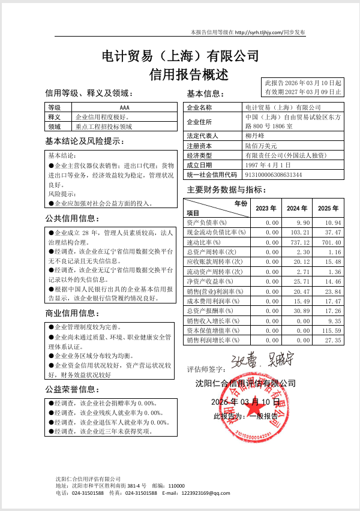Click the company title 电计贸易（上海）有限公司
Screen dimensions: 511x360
click(x=181, y=57)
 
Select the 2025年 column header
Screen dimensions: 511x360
click(x=328, y=209)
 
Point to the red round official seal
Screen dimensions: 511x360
click(x=264, y=408)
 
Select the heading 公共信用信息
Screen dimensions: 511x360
click(x=73, y=218)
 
